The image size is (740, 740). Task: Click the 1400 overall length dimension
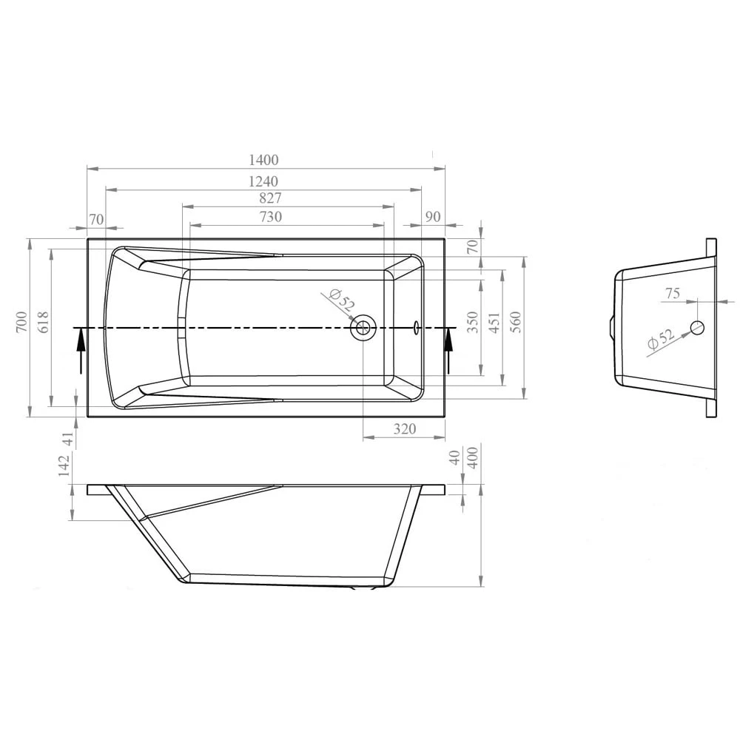pyautogui.click(x=264, y=160)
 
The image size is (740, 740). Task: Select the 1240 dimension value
pyautogui.click(x=264, y=181)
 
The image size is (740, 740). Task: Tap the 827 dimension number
pyautogui.click(x=271, y=198)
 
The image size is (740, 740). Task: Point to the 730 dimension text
pyautogui.click(x=271, y=217)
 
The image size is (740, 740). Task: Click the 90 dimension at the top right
pyautogui.click(x=434, y=217)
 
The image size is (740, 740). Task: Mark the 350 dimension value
pyautogui.click(x=474, y=323)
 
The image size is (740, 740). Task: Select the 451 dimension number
pyautogui.click(x=494, y=323)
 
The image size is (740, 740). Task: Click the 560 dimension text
pyautogui.click(x=516, y=323)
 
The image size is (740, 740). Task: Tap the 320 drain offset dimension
pyautogui.click(x=404, y=429)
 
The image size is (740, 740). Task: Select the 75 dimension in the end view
pyautogui.click(x=672, y=294)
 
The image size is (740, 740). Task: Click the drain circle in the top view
pyautogui.click(x=363, y=327)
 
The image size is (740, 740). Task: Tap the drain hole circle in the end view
pyautogui.click(x=697, y=327)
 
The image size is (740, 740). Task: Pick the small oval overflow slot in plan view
pyautogui.click(x=417, y=327)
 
